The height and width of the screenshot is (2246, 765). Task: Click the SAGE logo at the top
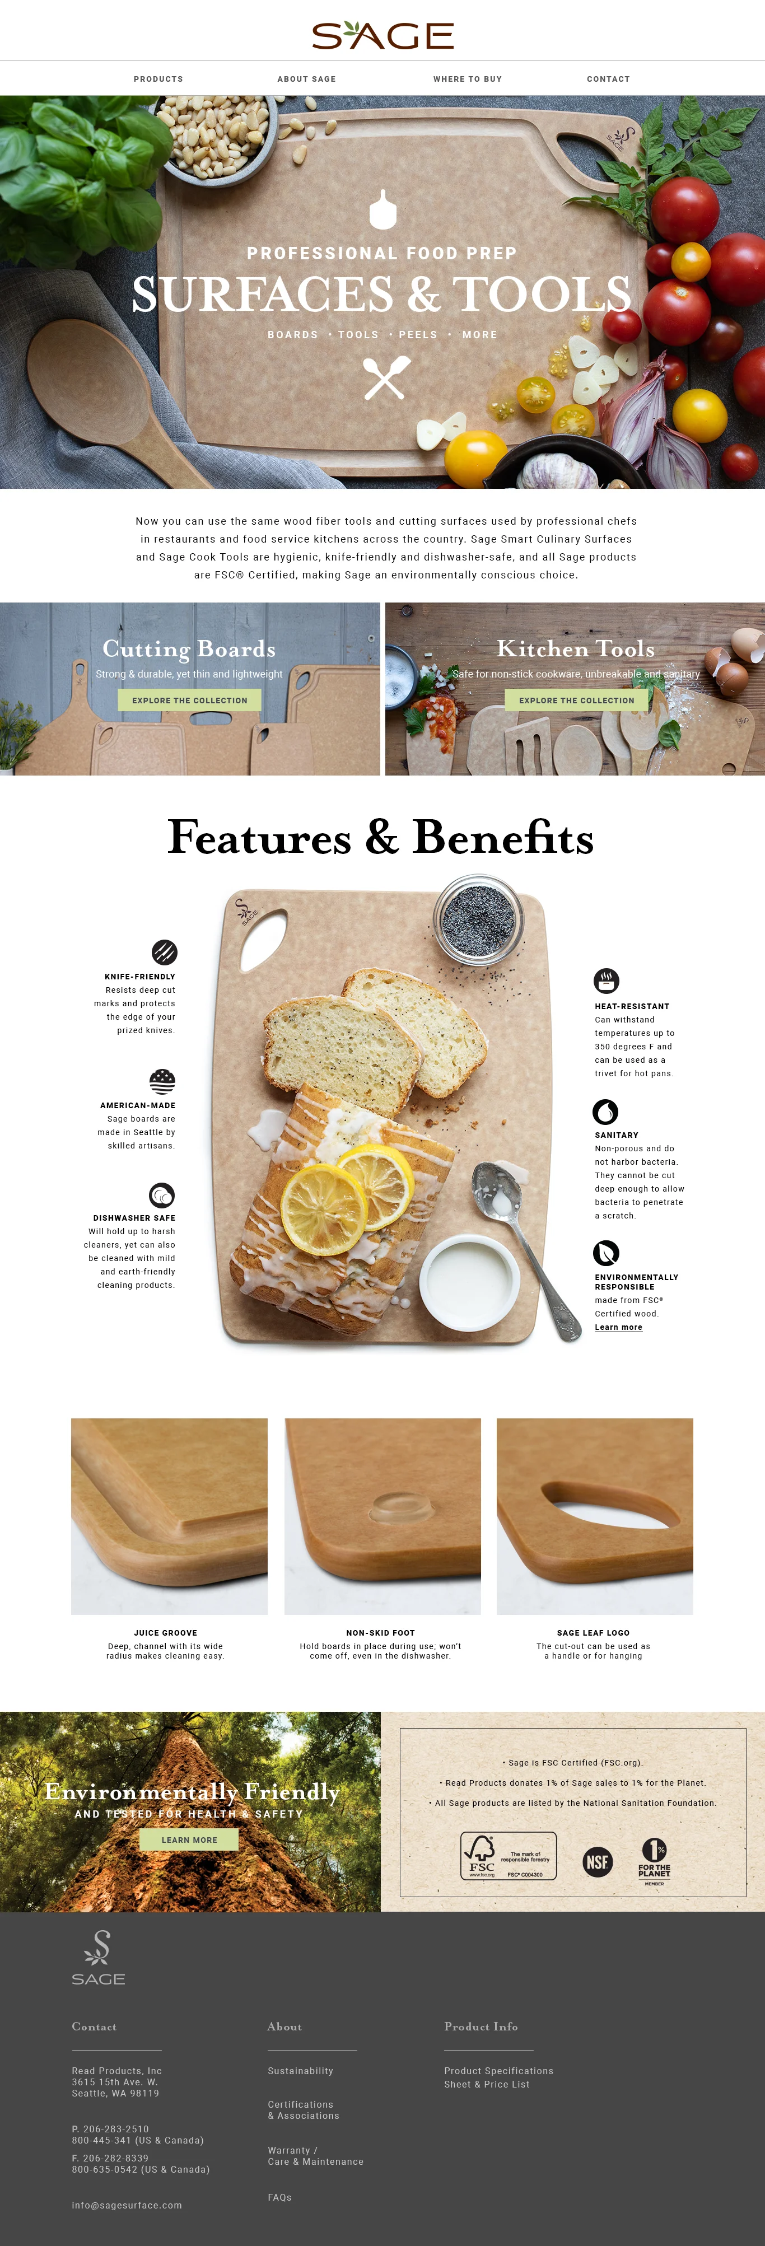pyautogui.click(x=382, y=35)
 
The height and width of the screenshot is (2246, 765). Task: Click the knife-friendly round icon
pyautogui.click(x=164, y=951)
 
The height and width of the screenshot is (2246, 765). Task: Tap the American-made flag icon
pyautogui.click(x=162, y=1081)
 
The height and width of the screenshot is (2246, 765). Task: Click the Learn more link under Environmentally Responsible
pyautogui.click(x=618, y=1327)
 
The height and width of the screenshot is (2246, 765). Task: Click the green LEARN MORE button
pyautogui.click(x=189, y=1839)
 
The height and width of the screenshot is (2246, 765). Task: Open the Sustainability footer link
pyautogui.click(x=300, y=2071)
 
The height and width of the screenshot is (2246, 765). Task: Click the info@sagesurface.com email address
pyautogui.click(x=127, y=2205)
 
